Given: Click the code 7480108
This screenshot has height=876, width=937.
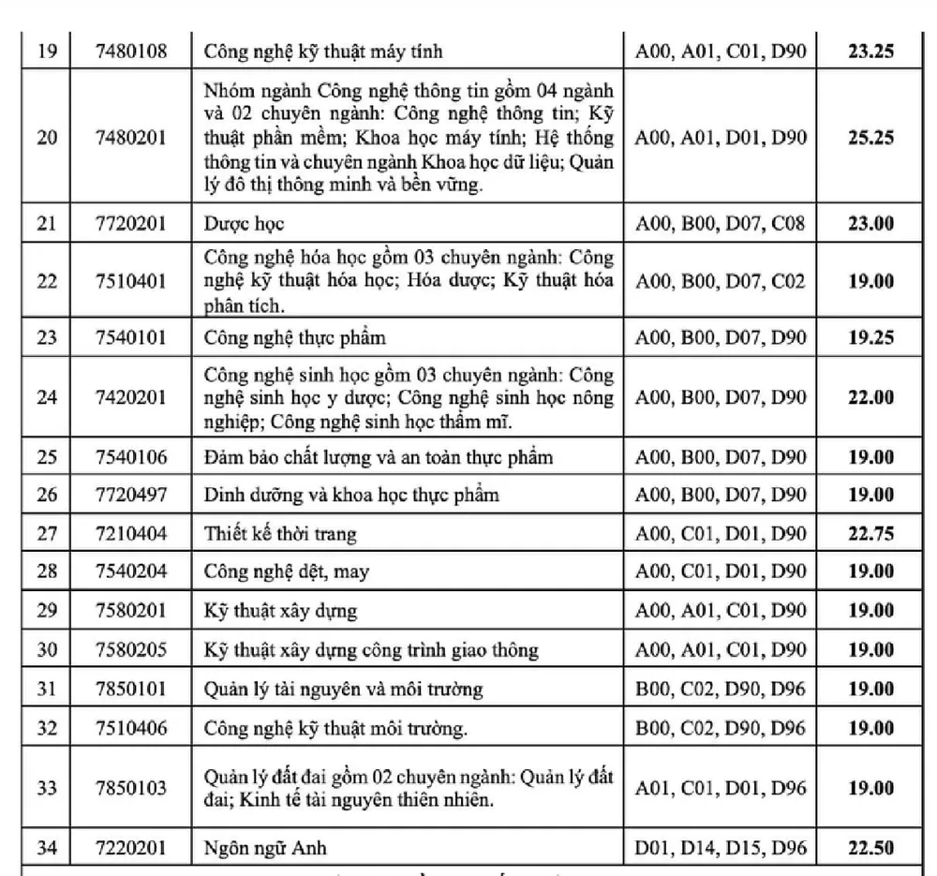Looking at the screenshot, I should tap(131, 51).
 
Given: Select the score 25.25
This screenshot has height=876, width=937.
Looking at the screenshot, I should tap(871, 138).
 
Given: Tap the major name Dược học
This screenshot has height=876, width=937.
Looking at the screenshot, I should tap(244, 224).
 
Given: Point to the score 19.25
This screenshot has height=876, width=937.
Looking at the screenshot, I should tap(871, 337).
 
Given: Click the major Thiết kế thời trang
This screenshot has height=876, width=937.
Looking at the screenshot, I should tap(280, 535).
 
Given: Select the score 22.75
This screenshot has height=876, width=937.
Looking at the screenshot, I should tap(871, 534).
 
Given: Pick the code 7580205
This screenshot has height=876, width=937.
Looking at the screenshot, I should tap(131, 649).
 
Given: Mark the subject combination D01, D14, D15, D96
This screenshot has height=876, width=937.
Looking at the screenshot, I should tap(720, 849).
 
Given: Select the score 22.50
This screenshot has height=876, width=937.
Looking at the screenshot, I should tap(871, 849).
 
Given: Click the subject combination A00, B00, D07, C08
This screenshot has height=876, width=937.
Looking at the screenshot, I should tap(720, 224).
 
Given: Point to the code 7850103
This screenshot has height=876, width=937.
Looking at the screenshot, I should tap(131, 788).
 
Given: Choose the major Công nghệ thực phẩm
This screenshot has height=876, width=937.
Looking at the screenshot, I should tap(294, 337).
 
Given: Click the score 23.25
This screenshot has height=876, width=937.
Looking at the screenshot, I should tap(871, 51).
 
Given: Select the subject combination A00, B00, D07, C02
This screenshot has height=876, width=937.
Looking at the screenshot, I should tap(720, 281).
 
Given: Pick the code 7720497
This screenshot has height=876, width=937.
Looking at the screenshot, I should tap(131, 495).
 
